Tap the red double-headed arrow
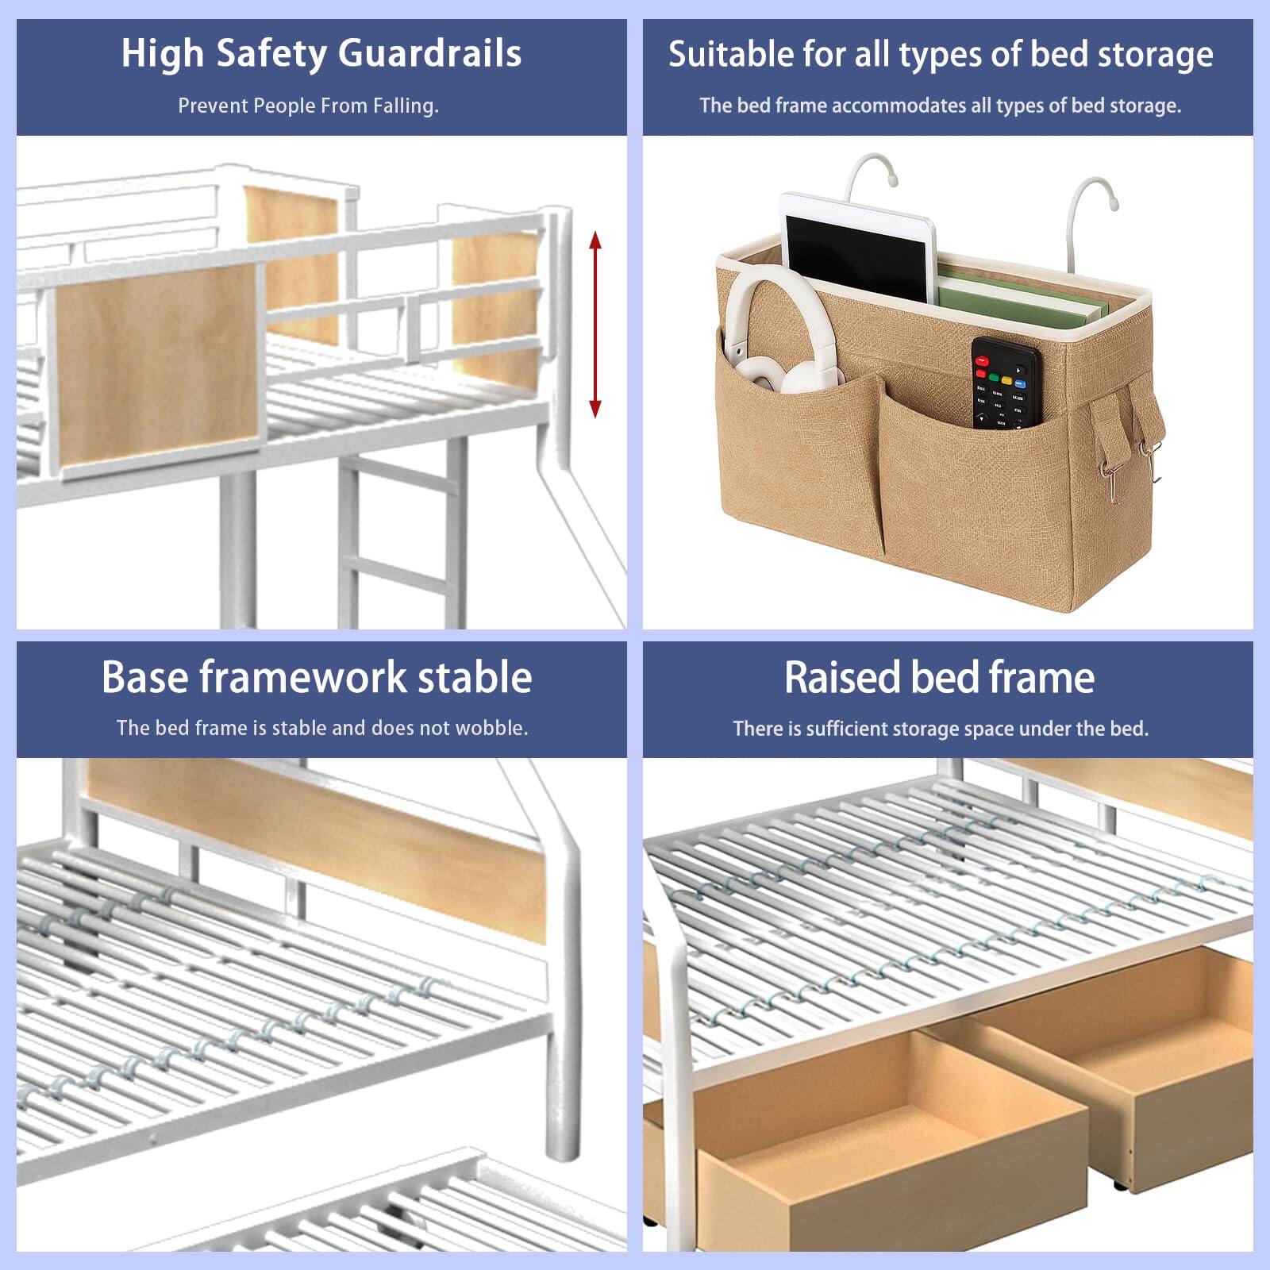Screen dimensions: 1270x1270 [595, 324]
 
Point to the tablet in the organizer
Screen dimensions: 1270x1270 [856, 246]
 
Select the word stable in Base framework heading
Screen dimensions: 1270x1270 [475, 678]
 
